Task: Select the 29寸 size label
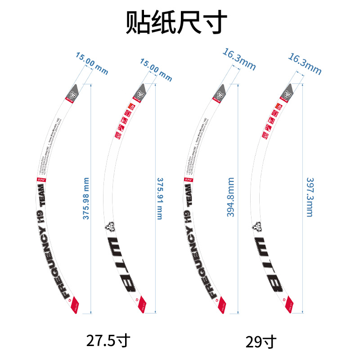[261, 341]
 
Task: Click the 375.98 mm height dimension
[86, 198]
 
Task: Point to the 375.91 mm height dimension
[159, 198]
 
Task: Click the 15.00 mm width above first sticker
[92, 63]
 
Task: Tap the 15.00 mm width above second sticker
[156, 70]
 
